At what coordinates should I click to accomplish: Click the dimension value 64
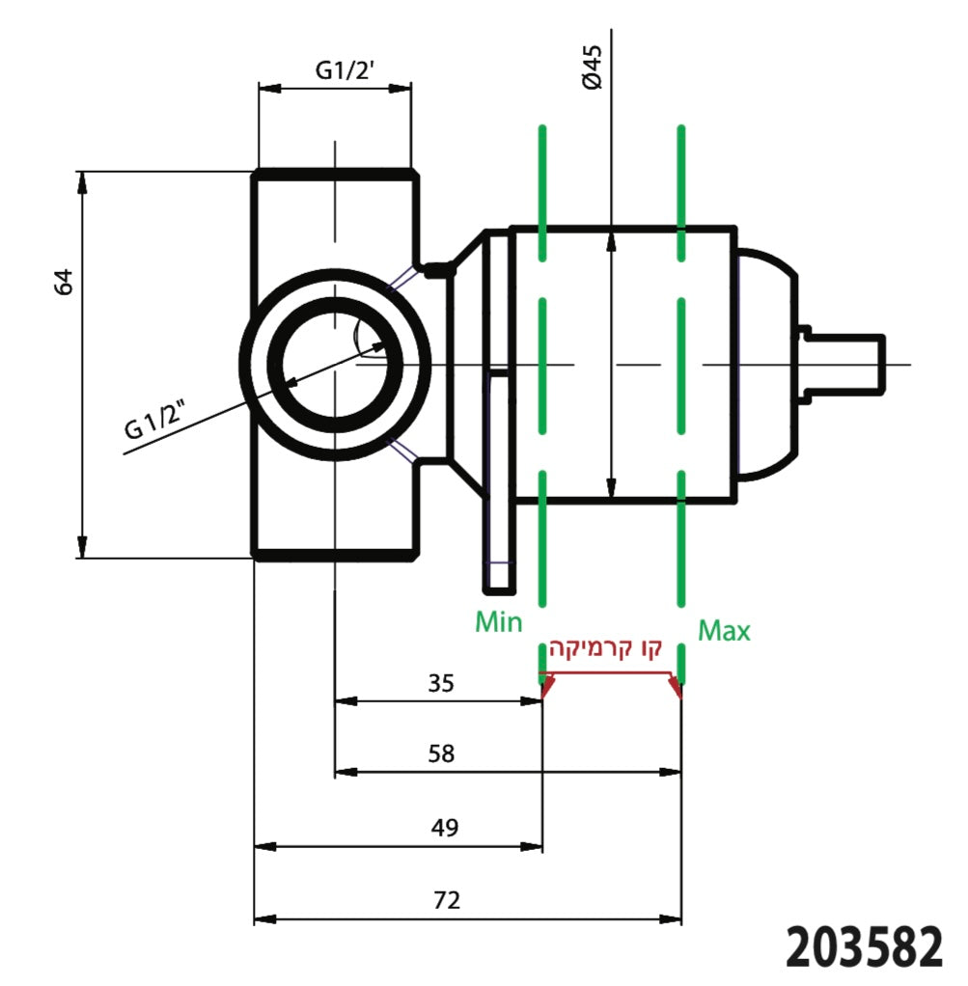pyautogui.click(x=64, y=282)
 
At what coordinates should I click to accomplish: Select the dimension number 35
pyautogui.click(x=440, y=684)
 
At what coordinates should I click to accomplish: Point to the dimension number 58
pyautogui.click(x=441, y=753)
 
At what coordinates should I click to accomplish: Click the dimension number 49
pyautogui.click(x=445, y=827)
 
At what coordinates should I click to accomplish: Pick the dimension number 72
pyautogui.click(x=447, y=900)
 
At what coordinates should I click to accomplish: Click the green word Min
pyautogui.click(x=498, y=622)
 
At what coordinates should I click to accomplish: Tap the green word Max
pyautogui.click(x=724, y=632)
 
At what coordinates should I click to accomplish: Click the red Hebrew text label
pyautogui.click(x=606, y=648)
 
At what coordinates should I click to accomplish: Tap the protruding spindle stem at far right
pyautogui.click(x=847, y=364)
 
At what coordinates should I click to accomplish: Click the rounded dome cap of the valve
pyautogui.click(x=767, y=364)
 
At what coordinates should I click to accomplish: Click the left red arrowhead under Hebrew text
pyautogui.click(x=547, y=686)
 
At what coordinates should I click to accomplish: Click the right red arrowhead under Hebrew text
pyautogui.click(x=676, y=686)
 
